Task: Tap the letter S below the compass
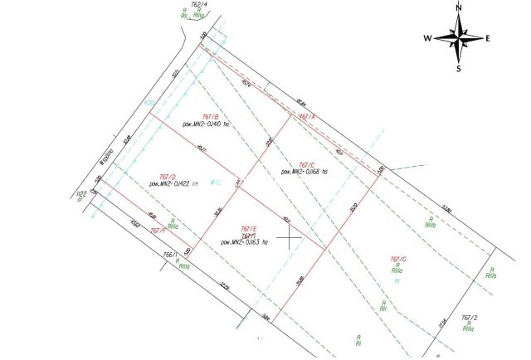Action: pos(458,69)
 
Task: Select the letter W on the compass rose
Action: pos(427,38)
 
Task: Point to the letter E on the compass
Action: pos(488,38)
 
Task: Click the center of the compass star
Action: pos(458,38)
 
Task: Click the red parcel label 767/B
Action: pos(210,117)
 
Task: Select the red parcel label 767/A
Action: pos(307,117)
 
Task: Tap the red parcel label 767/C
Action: pos(305,164)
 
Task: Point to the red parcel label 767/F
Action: pos(159,231)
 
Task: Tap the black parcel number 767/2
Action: pos(470,317)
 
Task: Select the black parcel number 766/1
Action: pos(171,255)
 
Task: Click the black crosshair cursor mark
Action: pos(288,240)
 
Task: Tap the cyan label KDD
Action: pos(150,103)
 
